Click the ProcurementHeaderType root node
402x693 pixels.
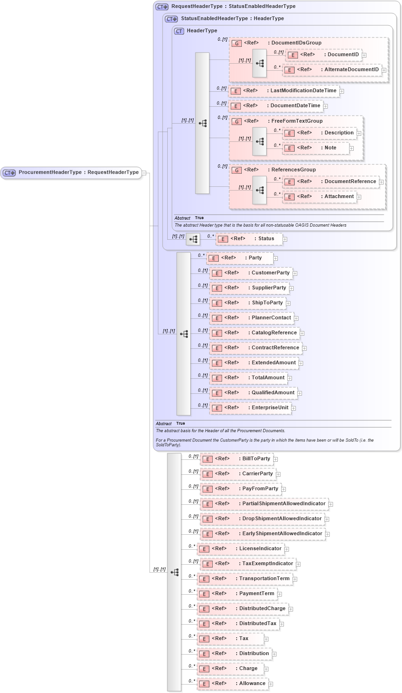coord(71,173)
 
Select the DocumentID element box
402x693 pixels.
coord(323,55)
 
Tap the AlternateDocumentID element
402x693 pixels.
coord(332,70)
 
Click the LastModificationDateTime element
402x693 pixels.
coord(284,91)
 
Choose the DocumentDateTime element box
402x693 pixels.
coord(276,106)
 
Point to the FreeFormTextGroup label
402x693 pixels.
coord(297,121)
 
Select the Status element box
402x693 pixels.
coord(249,239)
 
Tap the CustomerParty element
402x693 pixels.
coord(251,273)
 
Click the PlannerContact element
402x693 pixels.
coord(252,318)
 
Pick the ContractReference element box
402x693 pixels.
coord(255,348)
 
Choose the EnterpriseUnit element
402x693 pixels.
coord(250,408)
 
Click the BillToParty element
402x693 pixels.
coord(237,459)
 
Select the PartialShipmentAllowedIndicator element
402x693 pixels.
coord(264,504)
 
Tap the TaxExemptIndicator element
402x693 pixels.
coord(248,564)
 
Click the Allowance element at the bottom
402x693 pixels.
coord(232,684)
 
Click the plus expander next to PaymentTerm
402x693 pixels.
coord(280,594)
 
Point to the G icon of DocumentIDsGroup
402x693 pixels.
coord(237,43)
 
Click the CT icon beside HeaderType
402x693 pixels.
coord(179,31)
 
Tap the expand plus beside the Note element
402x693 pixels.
coord(351,148)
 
